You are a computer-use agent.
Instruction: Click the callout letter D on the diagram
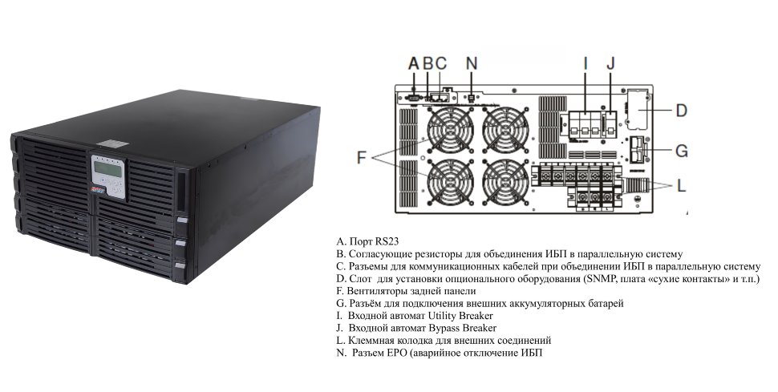point(681,110)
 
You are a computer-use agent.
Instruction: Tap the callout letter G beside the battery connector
point(682,151)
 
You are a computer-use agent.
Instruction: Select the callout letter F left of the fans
point(361,158)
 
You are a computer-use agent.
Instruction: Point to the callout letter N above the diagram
point(472,63)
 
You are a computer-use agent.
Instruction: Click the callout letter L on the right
point(681,186)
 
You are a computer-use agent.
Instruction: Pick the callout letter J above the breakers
point(611,63)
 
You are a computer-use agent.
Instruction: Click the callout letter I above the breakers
point(586,63)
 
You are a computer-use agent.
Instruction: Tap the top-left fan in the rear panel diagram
point(450,130)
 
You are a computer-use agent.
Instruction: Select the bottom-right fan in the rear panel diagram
point(505,182)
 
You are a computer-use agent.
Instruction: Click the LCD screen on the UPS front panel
point(107,169)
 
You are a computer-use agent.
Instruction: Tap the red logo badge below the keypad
point(97,189)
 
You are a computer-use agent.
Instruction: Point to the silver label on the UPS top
point(112,143)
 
